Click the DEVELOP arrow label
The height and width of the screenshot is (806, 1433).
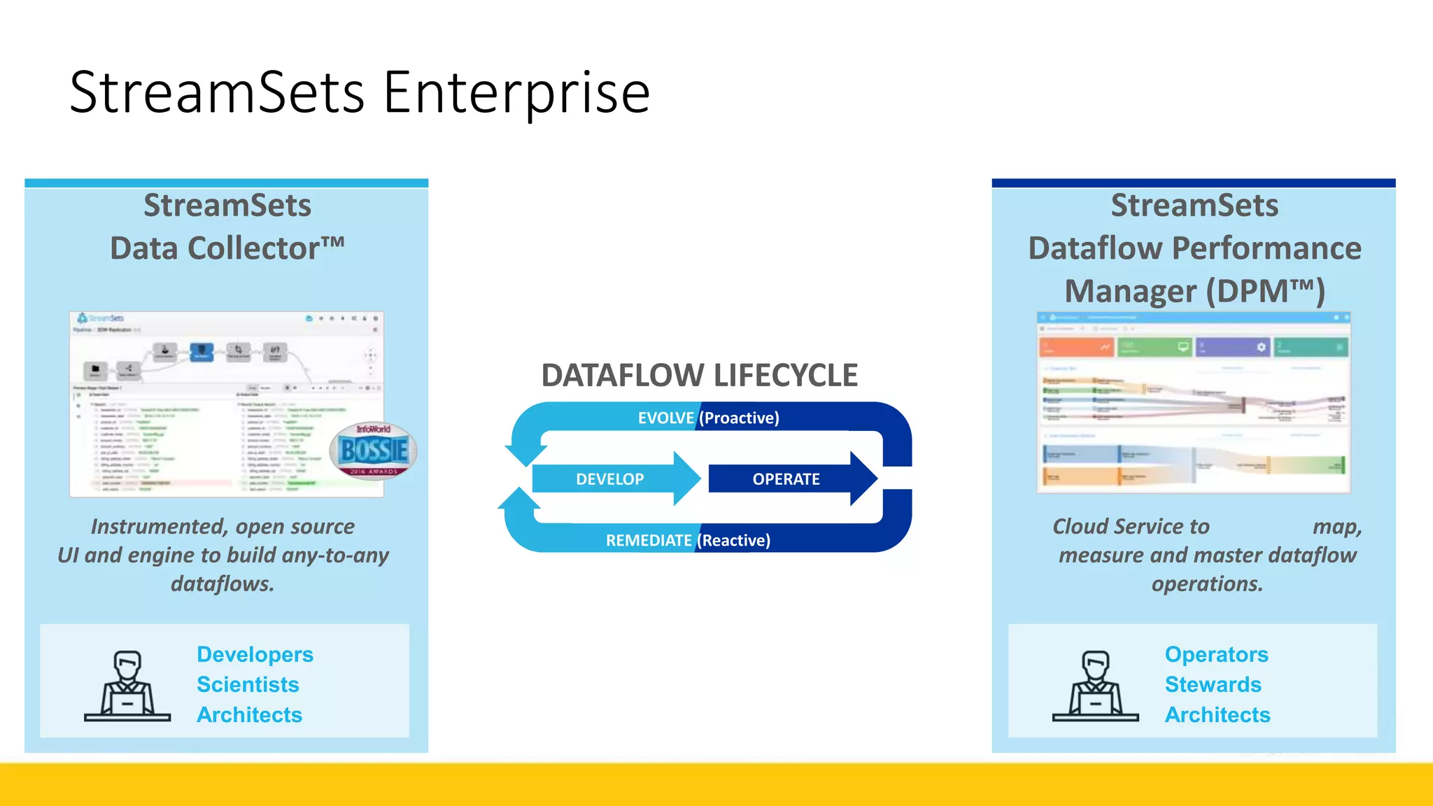609,479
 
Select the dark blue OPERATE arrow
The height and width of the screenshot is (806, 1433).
786,479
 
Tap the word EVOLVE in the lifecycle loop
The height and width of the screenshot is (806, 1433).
665,418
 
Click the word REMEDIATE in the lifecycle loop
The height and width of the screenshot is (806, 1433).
649,540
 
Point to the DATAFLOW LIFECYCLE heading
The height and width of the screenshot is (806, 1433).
699,376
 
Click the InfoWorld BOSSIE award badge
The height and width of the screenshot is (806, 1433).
373,451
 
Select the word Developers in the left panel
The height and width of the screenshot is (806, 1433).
255,654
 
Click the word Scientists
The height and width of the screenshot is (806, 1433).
248,684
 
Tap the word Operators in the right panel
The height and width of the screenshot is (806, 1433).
1216,654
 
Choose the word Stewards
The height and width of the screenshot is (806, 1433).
1213,684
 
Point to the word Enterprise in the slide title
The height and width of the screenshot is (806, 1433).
516,92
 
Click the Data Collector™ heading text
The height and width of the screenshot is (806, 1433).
227,248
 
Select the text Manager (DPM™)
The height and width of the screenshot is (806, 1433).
1194,291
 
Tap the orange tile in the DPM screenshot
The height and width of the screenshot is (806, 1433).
1076,347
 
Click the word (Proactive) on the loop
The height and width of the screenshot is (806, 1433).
739,418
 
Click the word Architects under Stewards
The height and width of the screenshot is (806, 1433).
1217,714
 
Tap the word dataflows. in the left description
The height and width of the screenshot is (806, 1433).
223,584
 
